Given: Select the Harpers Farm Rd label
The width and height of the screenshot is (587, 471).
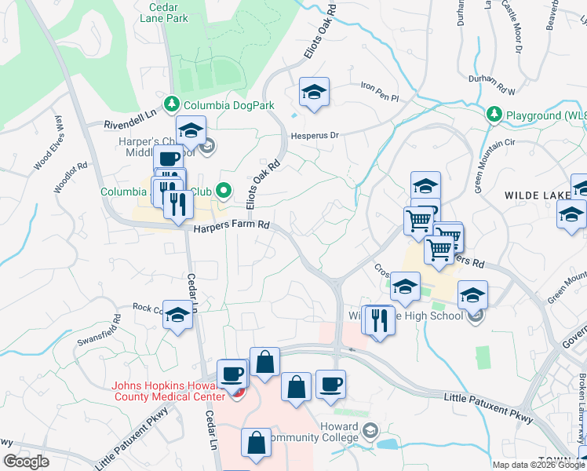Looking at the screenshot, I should click(232, 226).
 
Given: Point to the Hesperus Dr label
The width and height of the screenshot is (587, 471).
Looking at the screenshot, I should click(315, 135).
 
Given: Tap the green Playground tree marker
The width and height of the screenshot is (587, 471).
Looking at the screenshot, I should click(494, 115).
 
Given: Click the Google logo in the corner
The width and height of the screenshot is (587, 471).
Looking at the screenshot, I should click(26, 462).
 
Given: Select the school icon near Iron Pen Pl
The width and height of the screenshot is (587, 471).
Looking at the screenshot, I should click(314, 93).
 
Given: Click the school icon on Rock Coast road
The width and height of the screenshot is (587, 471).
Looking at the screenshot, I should click(177, 315).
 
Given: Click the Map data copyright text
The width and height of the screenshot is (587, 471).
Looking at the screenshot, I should click(538, 465).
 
